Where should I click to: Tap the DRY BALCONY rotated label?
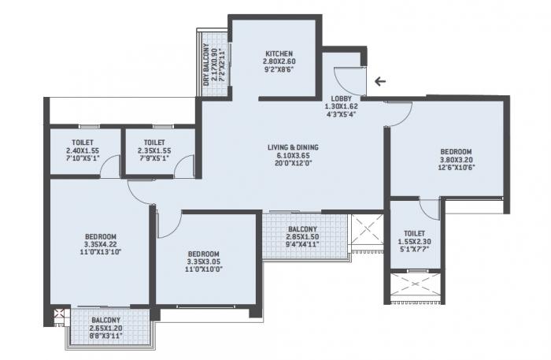pyautogui.click(x=207, y=62)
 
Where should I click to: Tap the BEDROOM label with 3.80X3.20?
pyautogui.click(x=456, y=151)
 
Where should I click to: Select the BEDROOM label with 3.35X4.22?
pyautogui.click(x=102, y=236)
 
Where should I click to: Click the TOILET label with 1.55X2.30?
pyautogui.click(x=415, y=233)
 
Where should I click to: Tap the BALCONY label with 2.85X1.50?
pyautogui.click(x=302, y=228)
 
